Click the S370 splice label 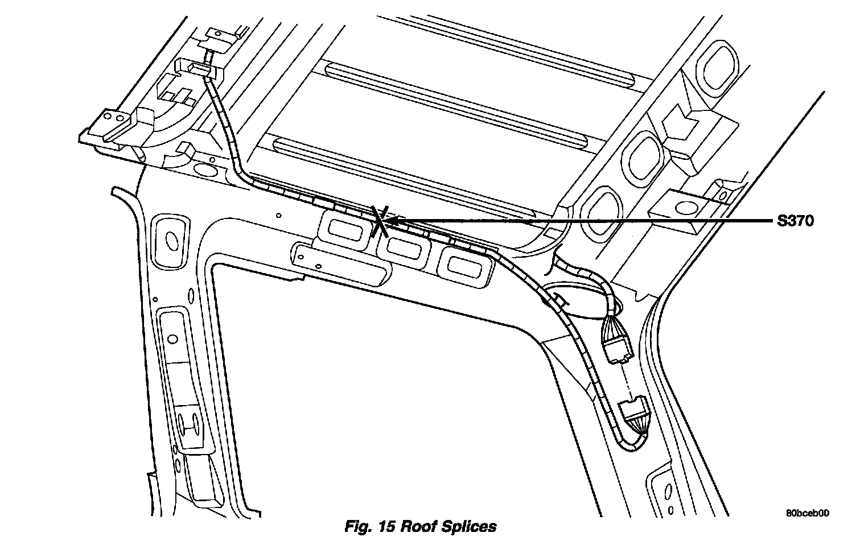tap(795, 221)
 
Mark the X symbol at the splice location tap(380, 221)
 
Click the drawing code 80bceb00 tap(807, 513)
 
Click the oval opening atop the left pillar tap(170, 238)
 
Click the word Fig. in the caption tap(357, 527)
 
